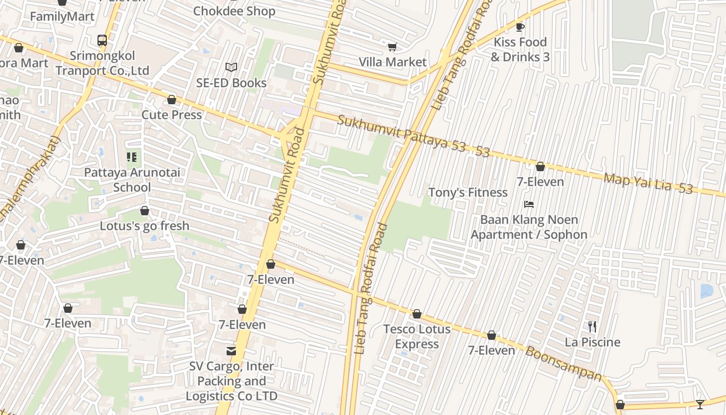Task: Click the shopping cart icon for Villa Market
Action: tap(392, 47)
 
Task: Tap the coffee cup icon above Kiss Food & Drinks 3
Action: tap(520, 27)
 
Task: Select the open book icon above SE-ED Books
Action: tap(231, 67)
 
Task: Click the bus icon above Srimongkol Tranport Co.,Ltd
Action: tap(102, 40)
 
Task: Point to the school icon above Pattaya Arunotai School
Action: tap(132, 157)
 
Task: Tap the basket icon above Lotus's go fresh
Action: tap(145, 211)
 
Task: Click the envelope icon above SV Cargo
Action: tap(231, 351)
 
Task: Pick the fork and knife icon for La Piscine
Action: tap(592, 327)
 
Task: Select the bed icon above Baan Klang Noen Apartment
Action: tap(528, 204)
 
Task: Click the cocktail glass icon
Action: tap(700, 405)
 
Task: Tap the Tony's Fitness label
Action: tap(468, 192)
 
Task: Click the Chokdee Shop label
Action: tap(234, 11)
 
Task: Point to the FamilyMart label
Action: tap(62, 17)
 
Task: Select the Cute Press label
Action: tap(172, 115)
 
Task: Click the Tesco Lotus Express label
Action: tap(417, 336)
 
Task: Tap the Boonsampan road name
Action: tap(564, 364)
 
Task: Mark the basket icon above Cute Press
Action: tap(172, 100)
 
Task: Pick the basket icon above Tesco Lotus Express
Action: tap(417, 314)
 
